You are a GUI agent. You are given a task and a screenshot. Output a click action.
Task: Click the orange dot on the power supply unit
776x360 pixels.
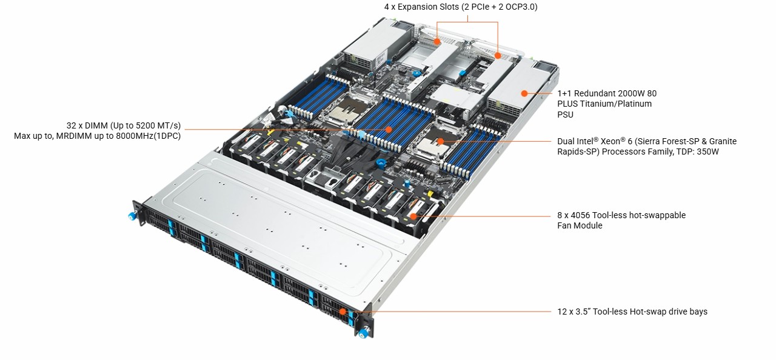point(523,93)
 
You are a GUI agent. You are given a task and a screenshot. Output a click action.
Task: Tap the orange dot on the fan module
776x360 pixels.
point(413,216)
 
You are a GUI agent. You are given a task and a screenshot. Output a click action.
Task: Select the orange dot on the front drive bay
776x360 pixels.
point(343,312)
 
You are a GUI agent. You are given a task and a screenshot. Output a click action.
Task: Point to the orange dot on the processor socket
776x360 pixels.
point(441,141)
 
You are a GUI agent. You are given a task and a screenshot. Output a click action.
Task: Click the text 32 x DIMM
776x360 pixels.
point(88,125)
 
